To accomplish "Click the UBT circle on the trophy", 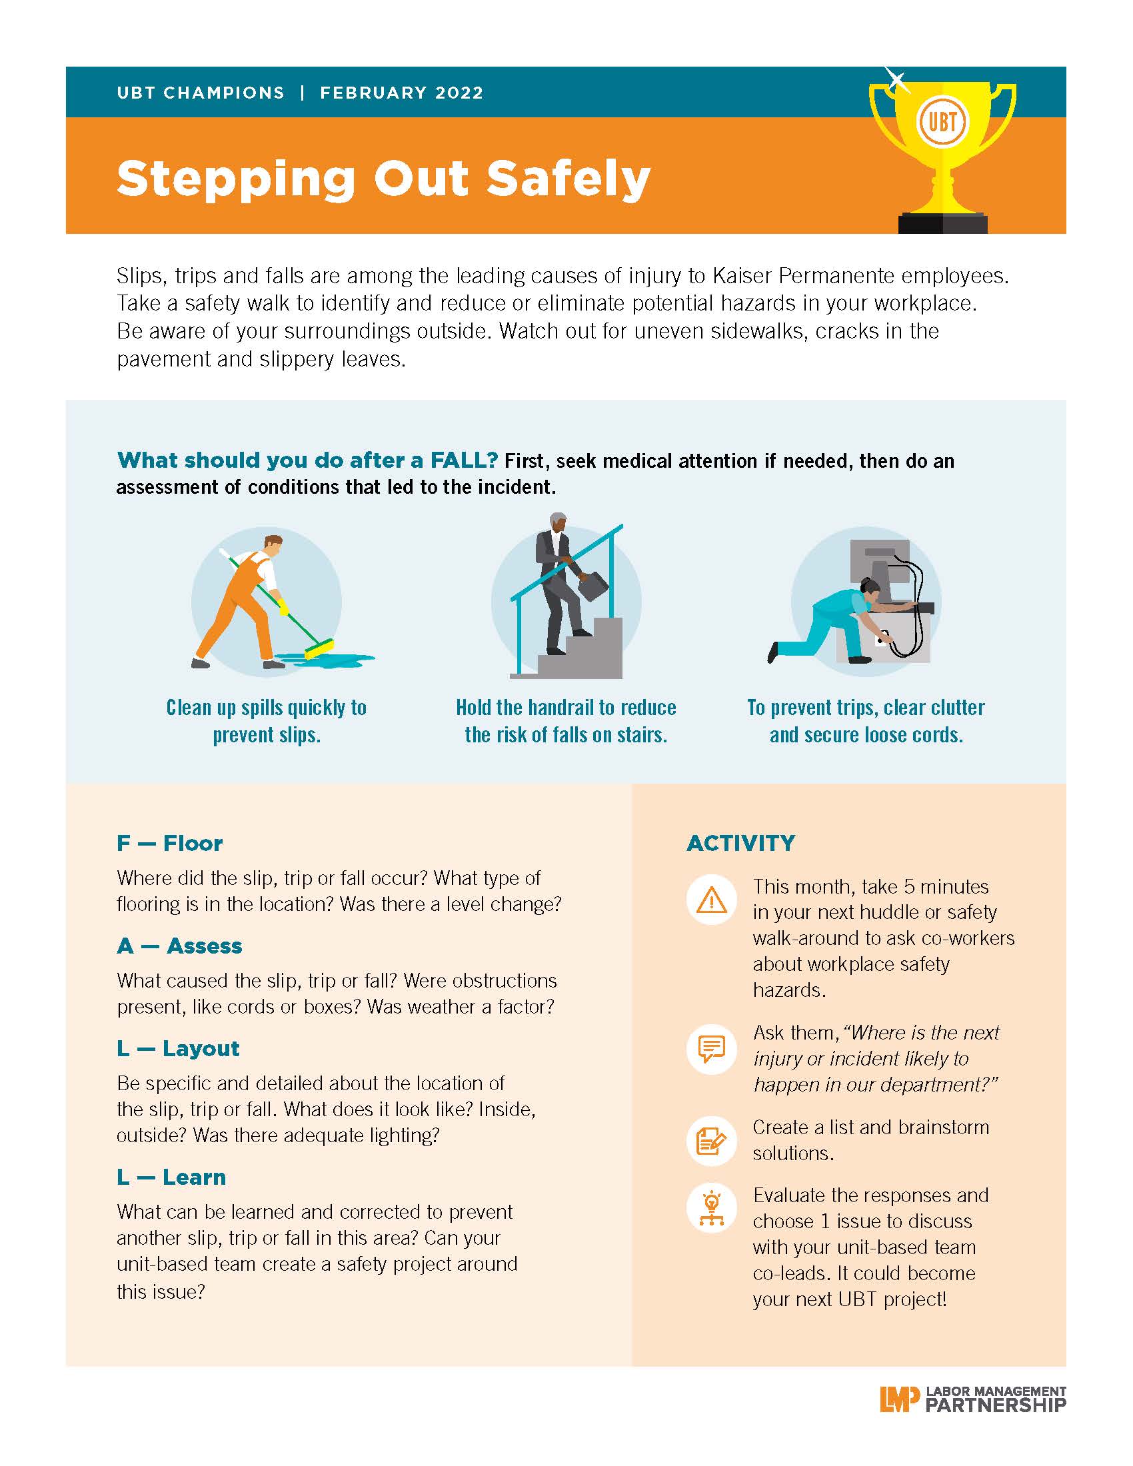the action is pyautogui.click(x=942, y=122).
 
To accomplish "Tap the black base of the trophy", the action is pyautogui.click(x=942, y=223).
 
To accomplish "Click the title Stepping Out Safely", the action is pyautogui.click(x=383, y=180).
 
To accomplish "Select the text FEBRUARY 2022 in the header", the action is pyautogui.click(x=401, y=93).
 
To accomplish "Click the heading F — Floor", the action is pyautogui.click(x=169, y=843).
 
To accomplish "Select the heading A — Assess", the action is pyautogui.click(x=179, y=946).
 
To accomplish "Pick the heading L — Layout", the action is pyautogui.click(x=178, y=1048).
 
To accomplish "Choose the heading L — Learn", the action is pyautogui.click(x=171, y=1177).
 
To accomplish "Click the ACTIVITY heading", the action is pyautogui.click(x=741, y=843).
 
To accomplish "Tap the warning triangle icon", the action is pyautogui.click(x=712, y=900).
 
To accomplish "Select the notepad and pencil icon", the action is pyautogui.click(x=712, y=1141).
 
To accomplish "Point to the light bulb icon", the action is pyautogui.click(x=712, y=1208).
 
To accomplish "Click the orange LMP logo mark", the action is pyautogui.click(x=900, y=1399).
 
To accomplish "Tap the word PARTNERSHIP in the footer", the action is pyautogui.click(x=996, y=1404).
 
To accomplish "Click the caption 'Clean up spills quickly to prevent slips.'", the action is pyautogui.click(x=267, y=721).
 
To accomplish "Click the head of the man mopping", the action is pyautogui.click(x=273, y=545).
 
